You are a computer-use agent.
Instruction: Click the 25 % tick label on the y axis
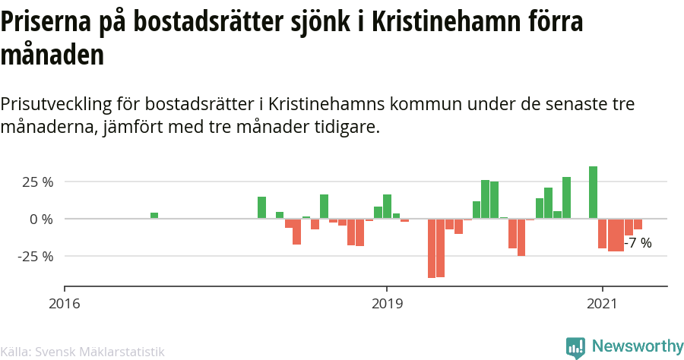pyautogui.click(x=38, y=182)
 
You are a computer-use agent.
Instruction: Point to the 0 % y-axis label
pyautogui.click(x=42, y=219)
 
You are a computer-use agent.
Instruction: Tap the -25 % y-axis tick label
pyautogui.click(x=35, y=256)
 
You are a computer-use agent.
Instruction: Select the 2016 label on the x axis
pyautogui.click(x=65, y=303)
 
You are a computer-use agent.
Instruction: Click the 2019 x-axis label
pyautogui.click(x=388, y=303)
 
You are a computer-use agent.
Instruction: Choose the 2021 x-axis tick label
pyautogui.click(x=603, y=303)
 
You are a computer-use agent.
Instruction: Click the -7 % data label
pyautogui.click(x=638, y=243)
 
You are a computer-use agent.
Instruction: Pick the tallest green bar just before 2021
pyautogui.click(x=593, y=192)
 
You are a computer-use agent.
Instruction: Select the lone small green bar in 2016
pyautogui.click(x=154, y=215)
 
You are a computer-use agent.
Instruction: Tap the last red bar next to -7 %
pyautogui.click(x=638, y=224)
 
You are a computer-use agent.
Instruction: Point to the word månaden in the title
pyautogui.click(x=52, y=55)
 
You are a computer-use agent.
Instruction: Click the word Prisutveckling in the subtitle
pyautogui.click(x=56, y=105)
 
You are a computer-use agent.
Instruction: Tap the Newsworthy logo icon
pyautogui.click(x=575, y=348)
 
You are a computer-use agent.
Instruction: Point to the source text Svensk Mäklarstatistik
pyautogui.click(x=100, y=352)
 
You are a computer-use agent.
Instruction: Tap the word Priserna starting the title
pyautogui.click(x=46, y=21)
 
